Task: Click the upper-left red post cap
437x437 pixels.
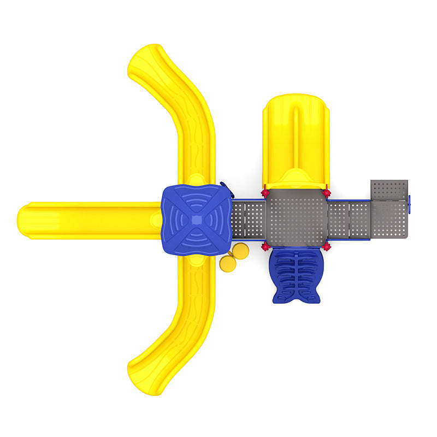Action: coord(265,193)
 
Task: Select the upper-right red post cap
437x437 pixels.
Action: coord(327,193)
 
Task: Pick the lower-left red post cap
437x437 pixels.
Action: coord(265,247)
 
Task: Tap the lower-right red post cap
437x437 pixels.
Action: coord(327,247)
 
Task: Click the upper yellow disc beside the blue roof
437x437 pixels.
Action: coord(240,251)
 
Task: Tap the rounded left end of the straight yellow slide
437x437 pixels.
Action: coord(27,221)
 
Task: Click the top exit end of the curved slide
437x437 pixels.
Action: coord(145,60)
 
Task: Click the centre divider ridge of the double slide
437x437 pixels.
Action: coord(296,137)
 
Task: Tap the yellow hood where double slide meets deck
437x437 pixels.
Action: coord(296,179)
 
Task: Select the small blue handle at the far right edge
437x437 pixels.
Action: coord(410,205)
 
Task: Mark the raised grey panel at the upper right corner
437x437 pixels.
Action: coord(389,190)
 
